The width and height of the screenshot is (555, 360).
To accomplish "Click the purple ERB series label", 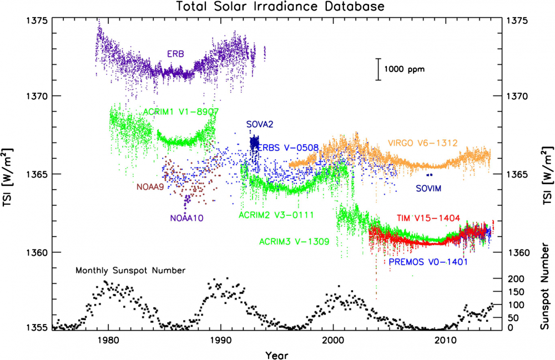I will (x=176, y=54).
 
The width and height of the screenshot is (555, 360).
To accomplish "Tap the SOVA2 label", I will (x=260, y=124).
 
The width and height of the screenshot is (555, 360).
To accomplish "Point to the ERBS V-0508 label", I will (x=288, y=148).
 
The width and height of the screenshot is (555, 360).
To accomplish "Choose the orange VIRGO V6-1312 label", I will (x=423, y=143).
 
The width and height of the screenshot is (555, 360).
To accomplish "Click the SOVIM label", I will (x=428, y=189).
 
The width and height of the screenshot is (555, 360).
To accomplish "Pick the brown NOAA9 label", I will (x=150, y=187).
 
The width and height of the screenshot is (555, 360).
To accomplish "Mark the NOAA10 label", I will (x=187, y=219).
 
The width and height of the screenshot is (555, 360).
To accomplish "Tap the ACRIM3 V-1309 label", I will (x=295, y=242).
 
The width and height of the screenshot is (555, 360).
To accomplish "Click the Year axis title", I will (x=276, y=353).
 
